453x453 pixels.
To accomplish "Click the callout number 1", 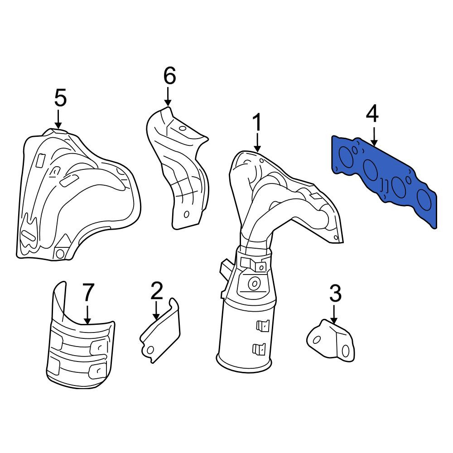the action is (257, 122).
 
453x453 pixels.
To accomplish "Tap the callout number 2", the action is (157, 291).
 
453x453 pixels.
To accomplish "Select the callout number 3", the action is (335, 293).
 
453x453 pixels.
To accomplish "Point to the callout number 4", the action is (372, 114).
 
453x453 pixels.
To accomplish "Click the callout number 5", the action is (60, 97).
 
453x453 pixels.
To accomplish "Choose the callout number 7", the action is (88, 292).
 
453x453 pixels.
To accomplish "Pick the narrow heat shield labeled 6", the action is (177, 168).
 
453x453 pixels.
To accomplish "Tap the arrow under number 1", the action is (257, 142).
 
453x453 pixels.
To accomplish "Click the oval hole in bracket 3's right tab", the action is (345, 351).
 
